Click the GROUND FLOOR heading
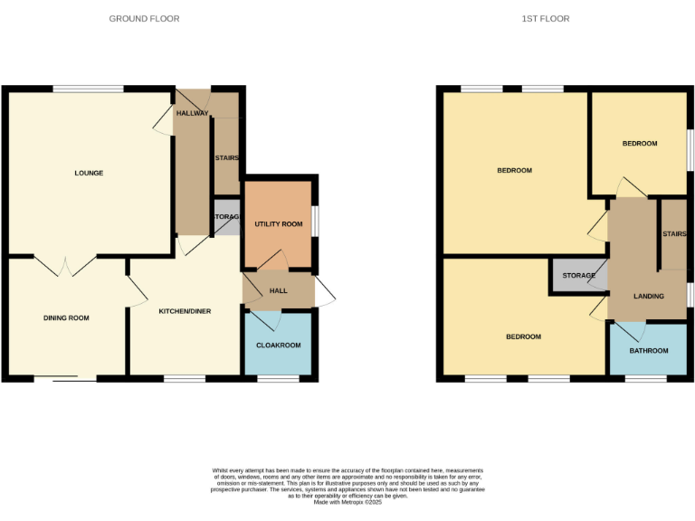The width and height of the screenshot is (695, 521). click(x=144, y=18)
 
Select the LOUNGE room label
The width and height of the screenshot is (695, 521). click(x=89, y=173)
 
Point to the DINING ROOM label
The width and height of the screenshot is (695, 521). click(x=67, y=317)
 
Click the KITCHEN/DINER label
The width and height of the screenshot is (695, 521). click(x=185, y=311)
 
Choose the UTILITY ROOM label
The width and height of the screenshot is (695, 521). click(x=278, y=223)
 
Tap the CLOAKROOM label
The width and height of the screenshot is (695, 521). click(x=278, y=345)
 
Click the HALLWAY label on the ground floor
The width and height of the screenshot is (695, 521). click(x=192, y=113)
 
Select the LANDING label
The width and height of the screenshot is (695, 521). click(x=648, y=296)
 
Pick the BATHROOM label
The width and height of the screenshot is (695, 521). click(x=648, y=350)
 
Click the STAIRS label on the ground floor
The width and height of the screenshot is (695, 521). click(x=226, y=158)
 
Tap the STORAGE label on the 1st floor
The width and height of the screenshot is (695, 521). click(x=578, y=275)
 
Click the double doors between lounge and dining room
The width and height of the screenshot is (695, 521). click(x=66, y=265)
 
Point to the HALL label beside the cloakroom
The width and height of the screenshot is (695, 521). click(x=278, y=290)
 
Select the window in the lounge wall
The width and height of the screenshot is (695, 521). click(x=88, y=89)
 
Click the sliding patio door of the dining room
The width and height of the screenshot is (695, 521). click(x=65, y=378)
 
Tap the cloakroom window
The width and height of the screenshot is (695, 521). click(x=278, y=378)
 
